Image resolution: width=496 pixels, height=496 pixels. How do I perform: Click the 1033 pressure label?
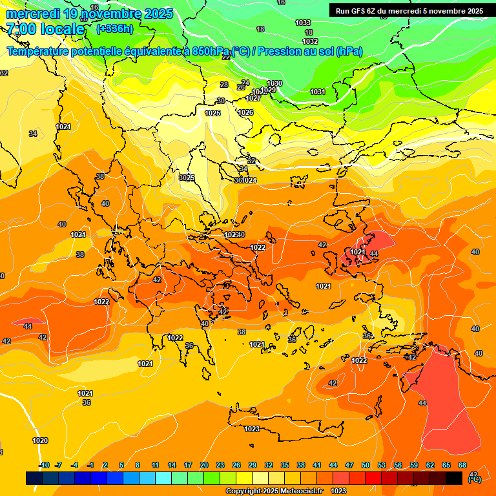(302, 23)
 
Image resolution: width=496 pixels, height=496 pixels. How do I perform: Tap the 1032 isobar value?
(311, 42)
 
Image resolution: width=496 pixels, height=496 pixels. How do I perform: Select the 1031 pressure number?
(318, 92)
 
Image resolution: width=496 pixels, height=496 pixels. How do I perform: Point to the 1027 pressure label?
(253, 98)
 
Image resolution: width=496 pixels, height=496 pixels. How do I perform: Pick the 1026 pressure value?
(245, 112)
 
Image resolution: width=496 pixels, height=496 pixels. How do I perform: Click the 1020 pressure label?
(40, 440)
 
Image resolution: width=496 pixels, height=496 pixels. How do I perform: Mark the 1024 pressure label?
(249, 180)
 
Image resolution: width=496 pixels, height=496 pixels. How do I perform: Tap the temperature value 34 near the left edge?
(33, 134)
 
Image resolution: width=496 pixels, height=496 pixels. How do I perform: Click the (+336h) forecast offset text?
(114, 28)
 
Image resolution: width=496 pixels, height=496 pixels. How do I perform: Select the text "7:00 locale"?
(45, 29)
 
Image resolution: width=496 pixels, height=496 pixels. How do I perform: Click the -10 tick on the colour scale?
(44, 465)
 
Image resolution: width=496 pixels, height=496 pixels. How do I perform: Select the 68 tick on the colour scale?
(462, 465)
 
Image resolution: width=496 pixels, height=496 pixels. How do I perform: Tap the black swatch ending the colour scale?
(454, 478)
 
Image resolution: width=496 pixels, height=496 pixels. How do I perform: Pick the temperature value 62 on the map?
(430, 356)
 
